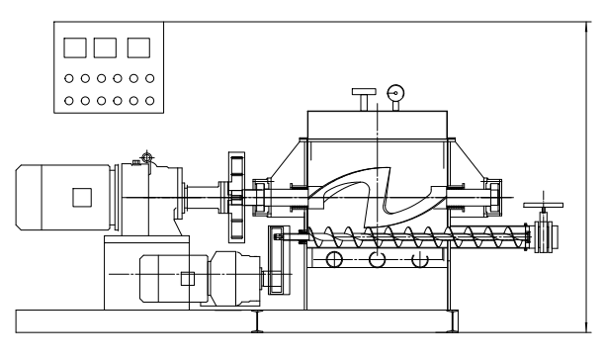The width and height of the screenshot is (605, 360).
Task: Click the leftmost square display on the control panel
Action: pyautogui.click(x=73, y=46)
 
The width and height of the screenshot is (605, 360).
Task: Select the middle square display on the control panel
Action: pyautogui.click(x=106, y=46)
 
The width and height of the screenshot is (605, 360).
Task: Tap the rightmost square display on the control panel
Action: pyautogui.click(x=139, y=46)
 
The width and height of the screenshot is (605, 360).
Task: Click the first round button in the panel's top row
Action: pyautogui.click(x=69, y=77)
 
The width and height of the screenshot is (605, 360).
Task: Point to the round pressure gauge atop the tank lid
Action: pyautogui.click(x=396, y=93)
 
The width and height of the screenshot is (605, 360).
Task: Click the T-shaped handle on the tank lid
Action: pyautogui.click(x=362, y=98)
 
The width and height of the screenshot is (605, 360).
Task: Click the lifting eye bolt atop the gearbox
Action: pyautogui.click(x=147, y=155)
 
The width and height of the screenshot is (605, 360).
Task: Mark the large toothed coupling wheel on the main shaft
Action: pyautogui.click(x=235, y=198)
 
